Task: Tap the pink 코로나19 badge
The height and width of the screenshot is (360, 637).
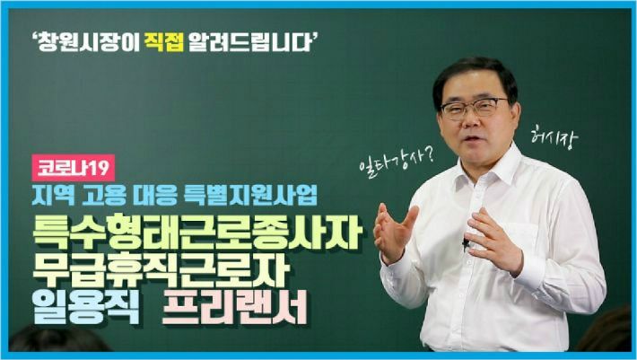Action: [74, 168]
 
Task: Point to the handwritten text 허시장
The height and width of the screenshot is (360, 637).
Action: [554, 137]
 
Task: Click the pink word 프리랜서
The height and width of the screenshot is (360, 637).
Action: [234, 310]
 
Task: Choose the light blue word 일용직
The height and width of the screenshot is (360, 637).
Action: [86, 310]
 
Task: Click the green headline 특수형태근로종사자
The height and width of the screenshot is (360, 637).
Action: [197, 233]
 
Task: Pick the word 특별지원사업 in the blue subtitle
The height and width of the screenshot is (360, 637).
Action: [250, 197]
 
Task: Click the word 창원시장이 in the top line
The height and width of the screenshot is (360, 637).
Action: [86, 43]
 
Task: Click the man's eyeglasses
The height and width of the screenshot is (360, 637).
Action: [475, 107]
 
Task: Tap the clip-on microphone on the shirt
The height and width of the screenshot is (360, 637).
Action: [465, 244]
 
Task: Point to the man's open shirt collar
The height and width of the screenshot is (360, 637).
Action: [490, 167]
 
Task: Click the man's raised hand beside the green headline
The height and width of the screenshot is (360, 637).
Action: [395, 233]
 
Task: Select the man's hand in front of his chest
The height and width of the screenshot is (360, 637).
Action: [493, 241]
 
